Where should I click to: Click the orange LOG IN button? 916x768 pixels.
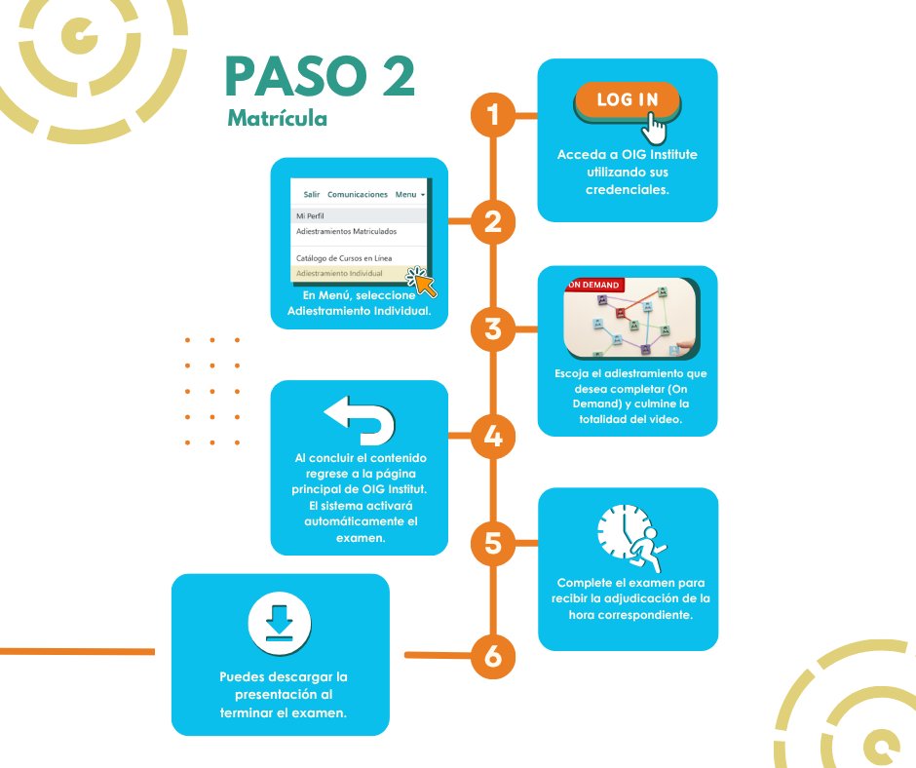628,100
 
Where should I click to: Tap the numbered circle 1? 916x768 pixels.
493,115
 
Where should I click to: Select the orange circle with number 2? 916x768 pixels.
493,221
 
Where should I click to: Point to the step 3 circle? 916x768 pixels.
493,329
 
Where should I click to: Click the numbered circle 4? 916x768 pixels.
493,436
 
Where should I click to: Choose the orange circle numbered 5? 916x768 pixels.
493,543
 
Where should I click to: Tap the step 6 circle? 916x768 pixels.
493,656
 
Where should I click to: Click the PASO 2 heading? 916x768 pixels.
320,76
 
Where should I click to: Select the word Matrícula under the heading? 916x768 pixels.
277,118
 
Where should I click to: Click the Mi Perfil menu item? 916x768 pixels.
310,215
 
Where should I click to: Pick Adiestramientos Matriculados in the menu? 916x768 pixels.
346,231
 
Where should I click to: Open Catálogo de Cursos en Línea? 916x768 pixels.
343,257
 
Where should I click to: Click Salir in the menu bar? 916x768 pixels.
312,194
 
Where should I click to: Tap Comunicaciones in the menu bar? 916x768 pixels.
358,194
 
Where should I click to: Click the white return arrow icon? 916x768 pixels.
361,420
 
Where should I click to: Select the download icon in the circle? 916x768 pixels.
280,623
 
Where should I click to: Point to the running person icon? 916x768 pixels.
647,549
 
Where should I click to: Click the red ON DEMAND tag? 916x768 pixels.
594,285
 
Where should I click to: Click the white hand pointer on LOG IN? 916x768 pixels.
654,128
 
